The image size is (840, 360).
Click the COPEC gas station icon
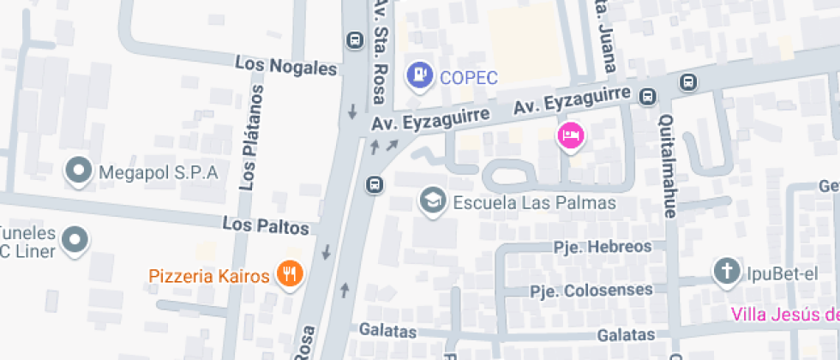pos(419,75)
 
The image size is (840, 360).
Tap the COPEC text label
pos(468,77)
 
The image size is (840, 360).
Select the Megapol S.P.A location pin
pos(80,171)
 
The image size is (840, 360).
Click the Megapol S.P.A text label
pos(159,172)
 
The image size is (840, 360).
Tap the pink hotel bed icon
pos(570,135)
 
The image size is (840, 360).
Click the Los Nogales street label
pos(286,66)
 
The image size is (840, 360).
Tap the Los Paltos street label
pos(265,227)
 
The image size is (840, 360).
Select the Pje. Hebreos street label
pos(602,246)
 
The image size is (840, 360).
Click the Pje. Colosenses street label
pos(591,291)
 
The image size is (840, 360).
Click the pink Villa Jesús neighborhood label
pos(784,314)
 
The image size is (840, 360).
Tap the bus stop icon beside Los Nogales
pos(353,39)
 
